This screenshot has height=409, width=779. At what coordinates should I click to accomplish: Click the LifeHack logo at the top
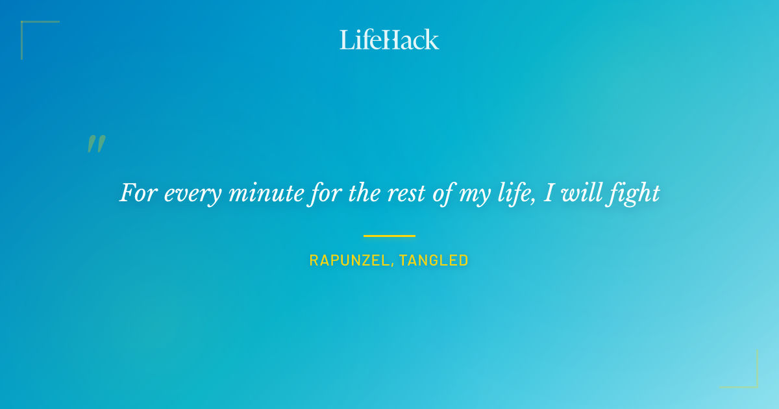(x=389, y=40)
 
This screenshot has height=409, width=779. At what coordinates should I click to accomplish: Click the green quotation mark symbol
(x=96, y=144)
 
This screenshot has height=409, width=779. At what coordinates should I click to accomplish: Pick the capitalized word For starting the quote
(x=138, y=193)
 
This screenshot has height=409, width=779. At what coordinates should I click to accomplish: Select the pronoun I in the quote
(x=548, y=193)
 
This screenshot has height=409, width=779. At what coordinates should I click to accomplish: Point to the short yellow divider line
(x=389, y=236)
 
